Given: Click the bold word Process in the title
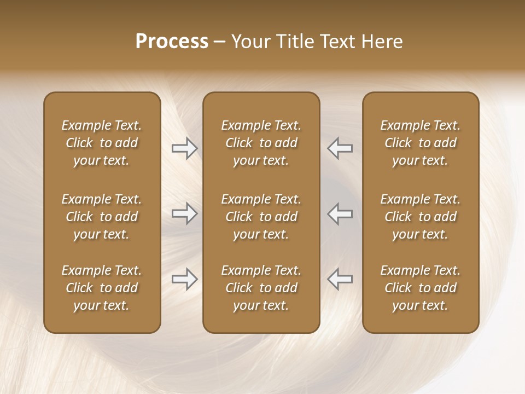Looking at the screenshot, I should (172, 42).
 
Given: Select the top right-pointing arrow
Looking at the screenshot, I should (184, 148).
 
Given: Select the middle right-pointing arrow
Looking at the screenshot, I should (184, 213).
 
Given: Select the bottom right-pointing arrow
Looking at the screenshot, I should (184, 279).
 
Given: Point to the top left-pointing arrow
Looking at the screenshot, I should (340, 148).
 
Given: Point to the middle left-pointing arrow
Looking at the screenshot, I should (340, 213).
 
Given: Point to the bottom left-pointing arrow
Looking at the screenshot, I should (340, 279).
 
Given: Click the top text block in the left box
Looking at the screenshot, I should (102, 143).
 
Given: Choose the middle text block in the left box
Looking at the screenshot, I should (102, 217).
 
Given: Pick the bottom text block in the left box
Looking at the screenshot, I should (102, 288).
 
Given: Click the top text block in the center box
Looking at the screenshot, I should (261, 143).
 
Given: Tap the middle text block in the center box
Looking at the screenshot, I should (261, 217).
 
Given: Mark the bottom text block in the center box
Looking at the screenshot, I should (261, 288).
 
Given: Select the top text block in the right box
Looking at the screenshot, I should (421, 143).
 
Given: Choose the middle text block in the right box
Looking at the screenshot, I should (421, 217).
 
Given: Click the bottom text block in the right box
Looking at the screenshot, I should (421, 288).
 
